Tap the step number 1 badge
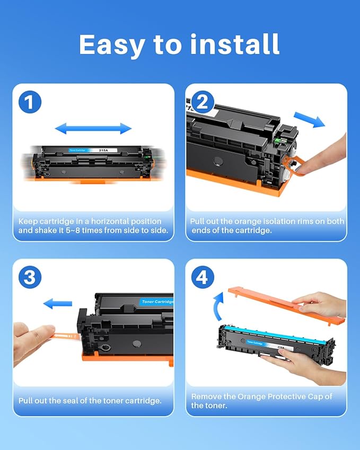(x=30, y=102)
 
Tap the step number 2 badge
(x=201, y=102)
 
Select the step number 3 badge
(x=30, y=277)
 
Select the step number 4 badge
(x=201, y=277)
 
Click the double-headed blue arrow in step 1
(x=93, y=128)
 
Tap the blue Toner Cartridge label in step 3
(x=157, y=302)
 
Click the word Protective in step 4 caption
(x=285, y=396)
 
